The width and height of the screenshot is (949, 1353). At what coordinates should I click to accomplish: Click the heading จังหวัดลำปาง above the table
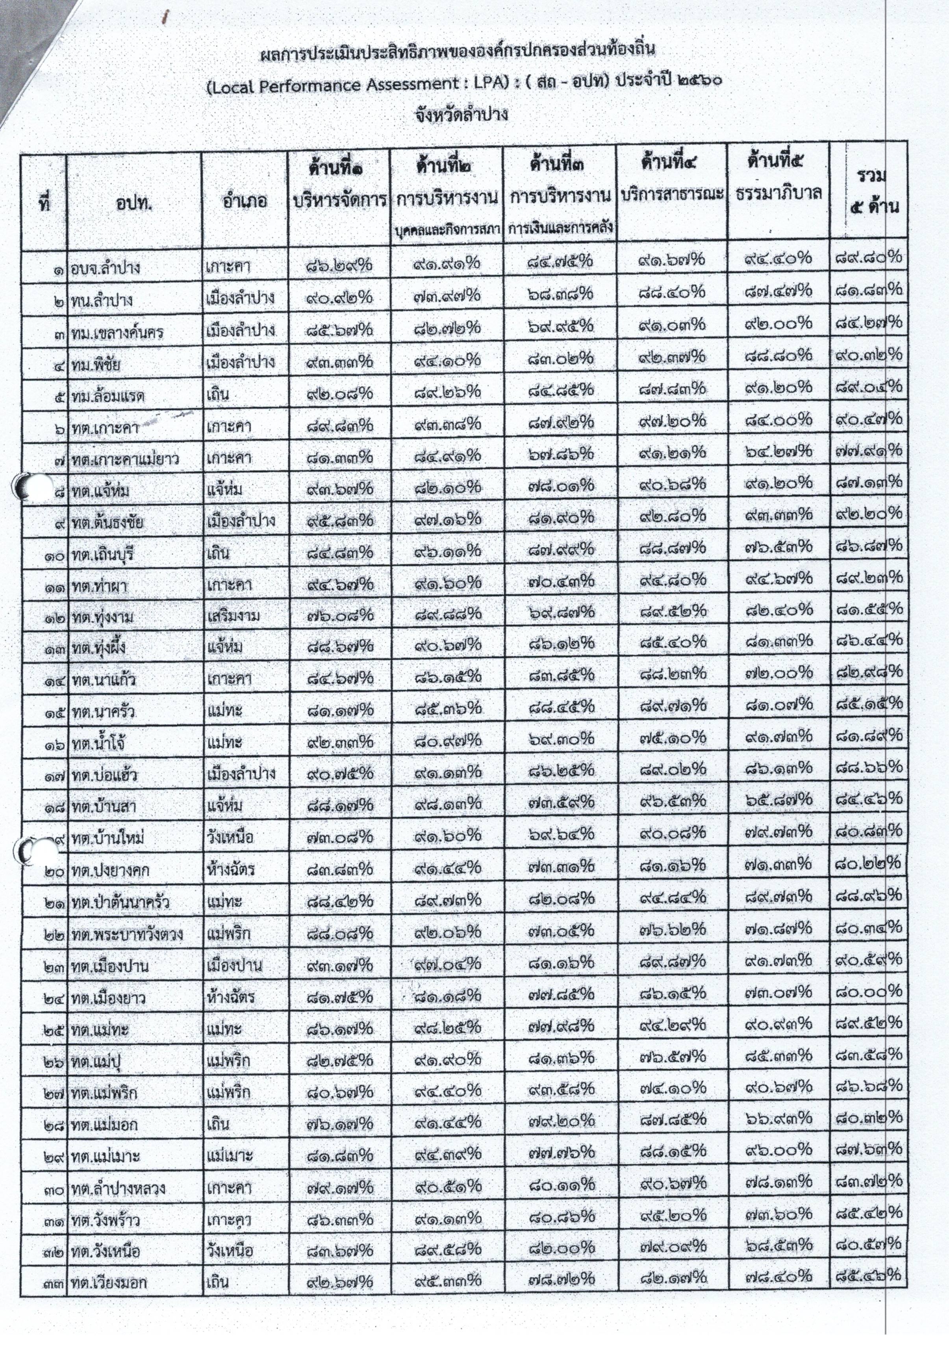click(x=462, y=114)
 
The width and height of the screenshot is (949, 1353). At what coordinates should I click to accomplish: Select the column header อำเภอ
click(x=244, y=201)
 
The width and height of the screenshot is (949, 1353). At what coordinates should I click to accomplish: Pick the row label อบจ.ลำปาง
click(x=106, y=268)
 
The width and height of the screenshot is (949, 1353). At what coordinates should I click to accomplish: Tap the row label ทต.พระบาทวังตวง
click(x=127, y=934)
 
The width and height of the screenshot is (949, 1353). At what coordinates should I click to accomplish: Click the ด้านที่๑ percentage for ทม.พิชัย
click(x=339, y=362)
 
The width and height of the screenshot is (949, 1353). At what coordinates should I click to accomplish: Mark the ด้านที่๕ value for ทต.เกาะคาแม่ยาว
click(x=778, y=452)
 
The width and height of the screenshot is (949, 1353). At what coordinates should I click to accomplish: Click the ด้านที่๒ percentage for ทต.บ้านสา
click(x=447, y=803)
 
